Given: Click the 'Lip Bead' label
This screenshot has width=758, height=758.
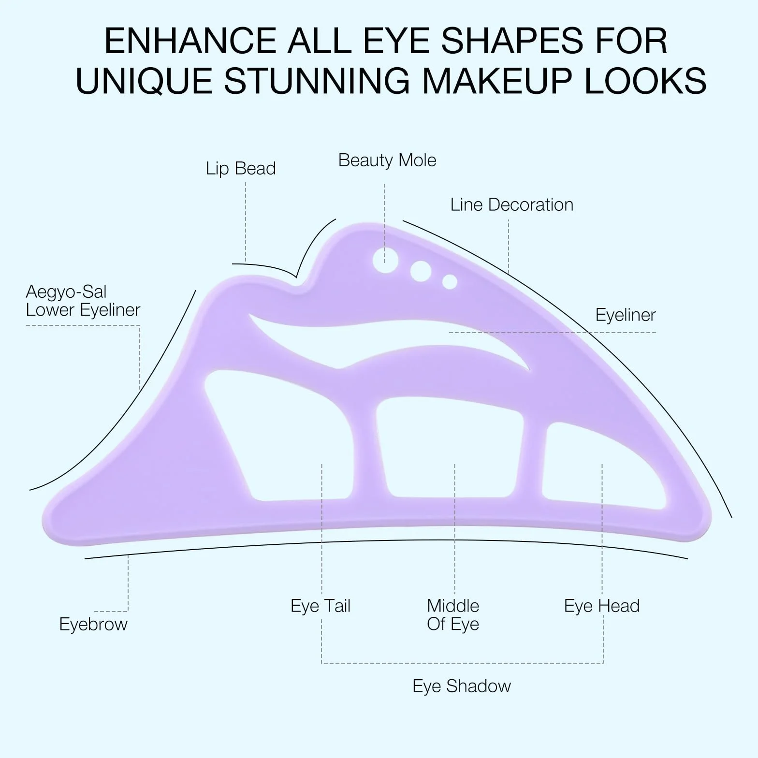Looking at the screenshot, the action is [x=241, y=169].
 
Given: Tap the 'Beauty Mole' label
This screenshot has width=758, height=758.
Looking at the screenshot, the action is [x=387, y=160].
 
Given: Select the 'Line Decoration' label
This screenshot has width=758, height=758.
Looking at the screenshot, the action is [x=512, y=205].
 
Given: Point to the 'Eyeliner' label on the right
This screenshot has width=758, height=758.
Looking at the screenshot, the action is [x=626, y=315].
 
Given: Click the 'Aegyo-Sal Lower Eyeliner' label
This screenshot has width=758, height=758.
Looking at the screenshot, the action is [x=83, y=301].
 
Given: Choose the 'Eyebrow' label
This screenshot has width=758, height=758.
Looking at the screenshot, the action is [x=93, y=624].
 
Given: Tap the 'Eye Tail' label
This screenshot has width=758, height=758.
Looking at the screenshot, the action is [x=321, y=606].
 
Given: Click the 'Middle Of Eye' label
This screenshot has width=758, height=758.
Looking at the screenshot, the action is [x=453, y=615].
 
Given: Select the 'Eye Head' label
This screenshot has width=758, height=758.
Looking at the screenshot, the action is [x=602, y=606].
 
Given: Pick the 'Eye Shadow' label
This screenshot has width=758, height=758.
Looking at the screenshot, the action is [x=462, y=686].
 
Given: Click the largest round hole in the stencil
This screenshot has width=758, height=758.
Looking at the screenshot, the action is [x=386, y=260].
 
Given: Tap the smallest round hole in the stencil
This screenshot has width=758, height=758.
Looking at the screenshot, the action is [x=450, y=282].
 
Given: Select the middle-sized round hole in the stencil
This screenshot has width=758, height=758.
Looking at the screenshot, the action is [x=421, y=271].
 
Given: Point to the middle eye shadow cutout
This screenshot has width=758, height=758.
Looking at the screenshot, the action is [x=450, y=447].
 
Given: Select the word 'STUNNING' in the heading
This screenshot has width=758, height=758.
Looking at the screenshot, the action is [x=317, y=80].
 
